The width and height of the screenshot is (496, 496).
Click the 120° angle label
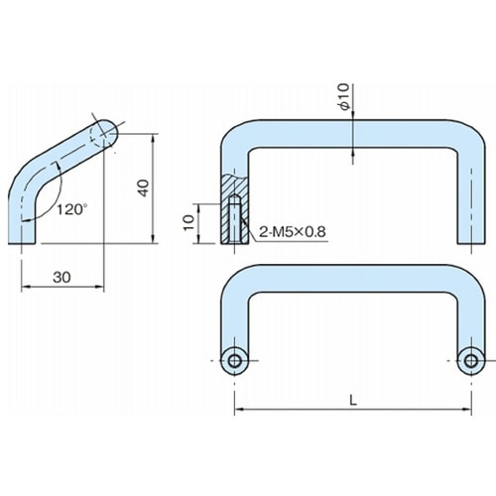point(71,209)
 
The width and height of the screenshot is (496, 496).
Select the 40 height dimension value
point(143,188)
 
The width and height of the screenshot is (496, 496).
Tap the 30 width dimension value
point(62,277)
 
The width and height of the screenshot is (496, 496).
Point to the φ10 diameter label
point(344,97)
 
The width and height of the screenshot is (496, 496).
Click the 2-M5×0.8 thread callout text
point(293,232)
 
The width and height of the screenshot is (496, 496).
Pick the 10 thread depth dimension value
point(188,222)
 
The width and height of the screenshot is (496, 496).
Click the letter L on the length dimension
point(353,401)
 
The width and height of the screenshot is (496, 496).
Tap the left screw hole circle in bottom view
point(234,361)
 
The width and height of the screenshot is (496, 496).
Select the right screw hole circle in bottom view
point(471,361)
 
